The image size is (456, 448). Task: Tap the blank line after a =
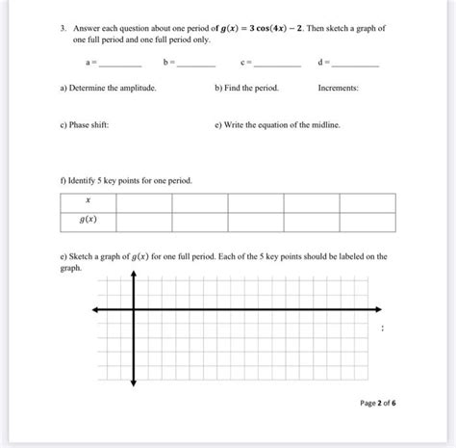click(120, 64)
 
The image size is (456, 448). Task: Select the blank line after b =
click(195, 64)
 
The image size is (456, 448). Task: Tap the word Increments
click(338, 88)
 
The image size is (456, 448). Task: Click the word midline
click(321, 126)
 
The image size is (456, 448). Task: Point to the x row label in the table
click(88, 201)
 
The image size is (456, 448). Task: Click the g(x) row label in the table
click(88, 221)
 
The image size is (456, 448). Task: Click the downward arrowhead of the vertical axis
click(135, 384)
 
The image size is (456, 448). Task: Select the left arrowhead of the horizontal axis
click(94, 309)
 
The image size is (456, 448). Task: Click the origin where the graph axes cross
click(135, 309)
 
